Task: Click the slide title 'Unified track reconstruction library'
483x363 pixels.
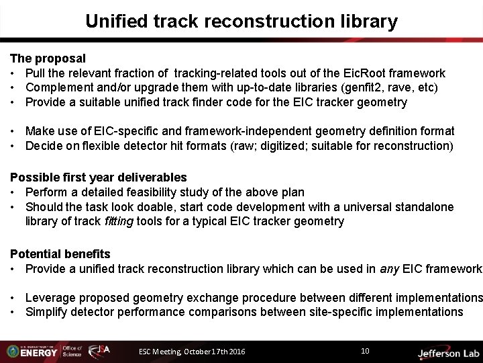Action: pos(241,22)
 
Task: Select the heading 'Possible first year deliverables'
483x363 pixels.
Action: pos(98,177)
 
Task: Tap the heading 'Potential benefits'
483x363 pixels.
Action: pos(60,254)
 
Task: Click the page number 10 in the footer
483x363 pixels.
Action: pos(365,351)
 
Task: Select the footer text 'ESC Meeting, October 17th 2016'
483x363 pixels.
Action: pos(192,352)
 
